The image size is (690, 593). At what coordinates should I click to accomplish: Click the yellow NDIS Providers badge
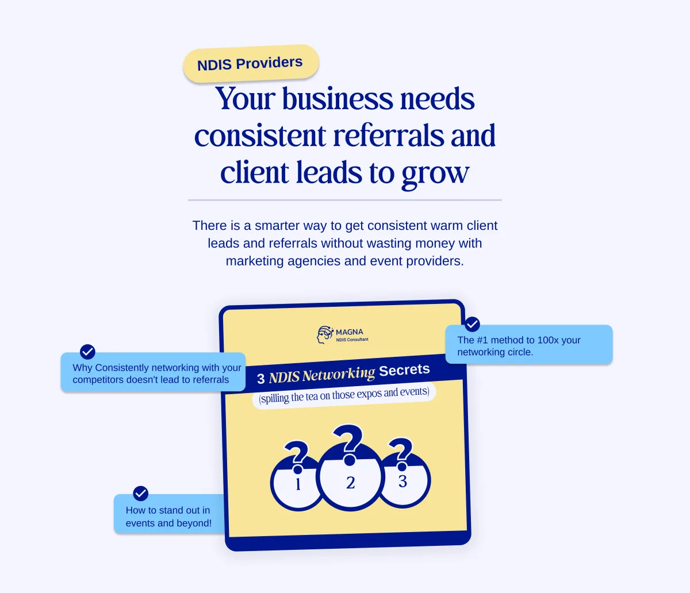[x=251, y=63]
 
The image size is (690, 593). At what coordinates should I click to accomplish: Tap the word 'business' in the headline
[x=338, y=98]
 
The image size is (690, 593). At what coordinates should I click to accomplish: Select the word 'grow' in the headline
[x=435, y=174]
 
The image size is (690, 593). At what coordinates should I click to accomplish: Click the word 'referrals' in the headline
[x=389, y=135]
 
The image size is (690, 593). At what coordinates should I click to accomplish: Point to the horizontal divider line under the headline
[x=345, y=200]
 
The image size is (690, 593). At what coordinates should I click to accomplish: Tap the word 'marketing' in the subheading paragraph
[x=255, y=261]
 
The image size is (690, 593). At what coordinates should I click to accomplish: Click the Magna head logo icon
[x=325, y=335]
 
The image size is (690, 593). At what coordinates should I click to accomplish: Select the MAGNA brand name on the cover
[x=349, y=332]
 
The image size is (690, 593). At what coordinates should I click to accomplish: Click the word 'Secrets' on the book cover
[x=404, y=370]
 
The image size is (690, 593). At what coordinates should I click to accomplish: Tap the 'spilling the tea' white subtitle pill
[x=344, y=395]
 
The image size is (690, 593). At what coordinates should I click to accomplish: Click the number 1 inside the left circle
[x=298, y=484]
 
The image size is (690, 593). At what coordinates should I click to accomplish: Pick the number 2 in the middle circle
[x=351, y=483]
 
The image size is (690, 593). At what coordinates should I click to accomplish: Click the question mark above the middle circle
[x=348, y=444]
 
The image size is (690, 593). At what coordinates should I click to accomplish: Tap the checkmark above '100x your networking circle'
[x=472, y=324]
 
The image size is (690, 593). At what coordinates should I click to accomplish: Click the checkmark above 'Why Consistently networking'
[x=87, y=352]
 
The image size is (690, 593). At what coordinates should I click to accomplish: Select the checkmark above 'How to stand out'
[x=140, y=493]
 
